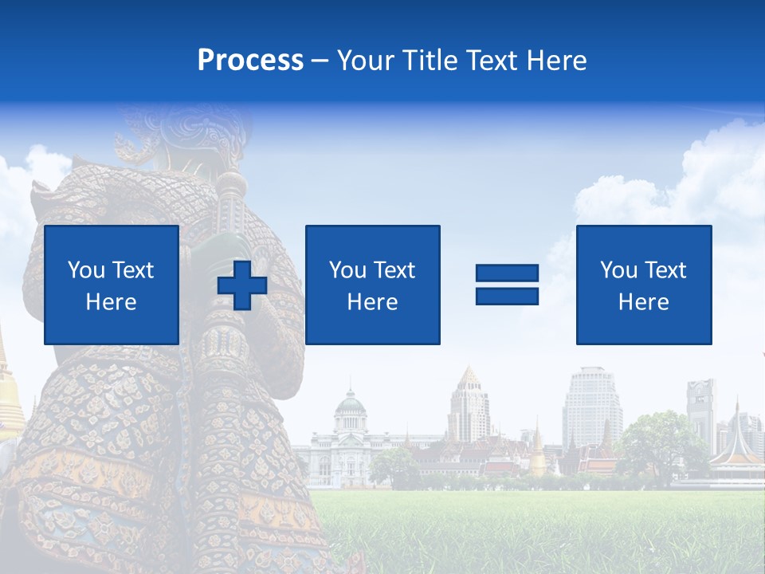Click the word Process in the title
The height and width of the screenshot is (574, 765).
tap(250, 61)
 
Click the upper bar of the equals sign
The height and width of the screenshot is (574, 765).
tap(507, 273)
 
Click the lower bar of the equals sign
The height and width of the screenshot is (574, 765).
tap(507, 296)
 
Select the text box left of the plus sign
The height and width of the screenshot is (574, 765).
tap(112, 285)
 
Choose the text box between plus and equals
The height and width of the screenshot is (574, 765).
tap(372, 285)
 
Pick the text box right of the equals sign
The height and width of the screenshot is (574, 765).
tap(643, 285)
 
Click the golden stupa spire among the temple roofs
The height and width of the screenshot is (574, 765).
tap(539, 450)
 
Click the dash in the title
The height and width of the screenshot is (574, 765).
tap(320, 61)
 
